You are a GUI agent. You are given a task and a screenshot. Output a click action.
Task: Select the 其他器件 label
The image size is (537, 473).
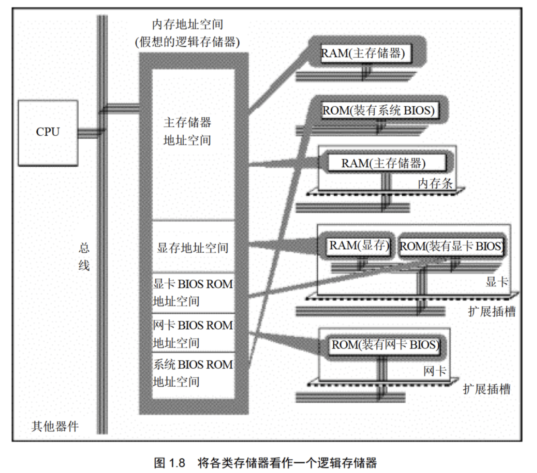click(x=55, y=426)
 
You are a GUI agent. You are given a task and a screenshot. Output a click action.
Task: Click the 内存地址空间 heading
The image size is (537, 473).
click(x=188, y=25)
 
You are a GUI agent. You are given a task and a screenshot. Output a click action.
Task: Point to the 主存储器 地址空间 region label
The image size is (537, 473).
click(x=187, y=131)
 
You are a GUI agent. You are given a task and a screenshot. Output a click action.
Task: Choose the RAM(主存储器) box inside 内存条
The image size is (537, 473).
click(x=384, y=163)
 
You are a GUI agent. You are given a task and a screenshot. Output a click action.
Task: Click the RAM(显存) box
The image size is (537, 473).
click(x=359, y=246)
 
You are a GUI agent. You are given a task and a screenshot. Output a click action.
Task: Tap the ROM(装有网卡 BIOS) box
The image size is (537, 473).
click(x=385, y=345)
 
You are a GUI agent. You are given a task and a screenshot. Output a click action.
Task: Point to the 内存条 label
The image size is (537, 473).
click(x=435, y=183)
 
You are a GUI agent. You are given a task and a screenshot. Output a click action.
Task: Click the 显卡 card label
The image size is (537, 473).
click(x=497, y=282)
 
